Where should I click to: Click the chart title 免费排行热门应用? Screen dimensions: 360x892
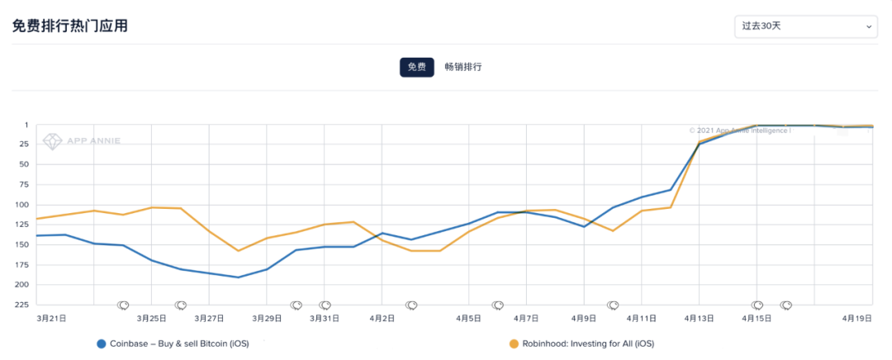(69, 26)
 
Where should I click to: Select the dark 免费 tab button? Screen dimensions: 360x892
(416, 67)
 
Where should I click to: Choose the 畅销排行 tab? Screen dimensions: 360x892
(463, 67)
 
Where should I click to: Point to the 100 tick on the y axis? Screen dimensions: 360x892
(21, 205)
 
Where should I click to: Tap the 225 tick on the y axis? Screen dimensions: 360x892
(21, 305)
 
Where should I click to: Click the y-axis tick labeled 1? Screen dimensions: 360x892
(26, 126)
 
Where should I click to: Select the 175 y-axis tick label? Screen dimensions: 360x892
(21, 265)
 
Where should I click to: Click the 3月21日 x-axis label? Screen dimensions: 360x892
(51, 318)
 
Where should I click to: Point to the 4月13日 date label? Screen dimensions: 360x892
(700, 318)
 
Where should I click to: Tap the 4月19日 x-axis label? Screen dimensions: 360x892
(856, 318)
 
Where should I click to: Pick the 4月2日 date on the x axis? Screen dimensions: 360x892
(382, 318)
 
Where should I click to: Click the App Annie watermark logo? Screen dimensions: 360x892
(82, 140)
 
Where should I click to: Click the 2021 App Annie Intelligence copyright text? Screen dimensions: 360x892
(738, 130)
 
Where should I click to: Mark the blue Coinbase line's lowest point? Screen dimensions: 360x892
(238, 277)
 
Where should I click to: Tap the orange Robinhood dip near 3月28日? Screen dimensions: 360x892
(238, 251)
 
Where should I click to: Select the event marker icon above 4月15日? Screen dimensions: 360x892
(757, 306)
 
